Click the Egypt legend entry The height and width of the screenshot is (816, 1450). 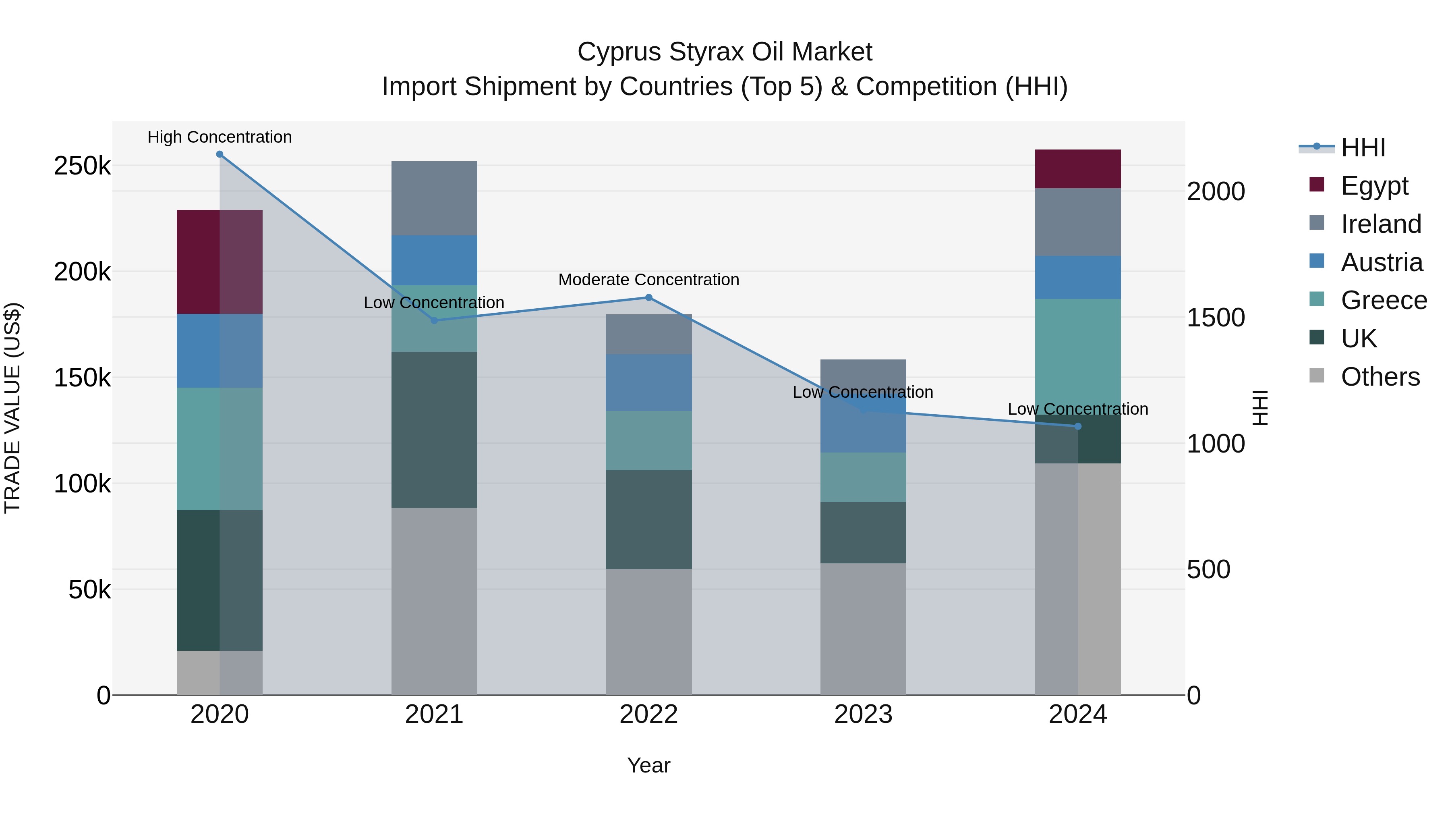coord(1373,186)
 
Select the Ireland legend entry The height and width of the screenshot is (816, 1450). coord(1380,224)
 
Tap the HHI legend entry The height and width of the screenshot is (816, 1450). coord(1362,147)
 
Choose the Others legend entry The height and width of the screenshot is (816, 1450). coord(1379,377)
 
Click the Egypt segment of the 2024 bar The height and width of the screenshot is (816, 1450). coord(1077,169)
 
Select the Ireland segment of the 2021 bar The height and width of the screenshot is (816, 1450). coord(434,198)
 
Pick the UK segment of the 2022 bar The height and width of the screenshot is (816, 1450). coord(648,519)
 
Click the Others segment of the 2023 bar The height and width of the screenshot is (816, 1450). coord(863,629)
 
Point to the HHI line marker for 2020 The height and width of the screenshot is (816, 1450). coord(220,154)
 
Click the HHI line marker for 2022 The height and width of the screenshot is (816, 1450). coord(648,297)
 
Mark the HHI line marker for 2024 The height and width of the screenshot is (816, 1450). coord(1077,426)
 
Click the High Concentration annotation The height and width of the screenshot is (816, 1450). coord(220,137)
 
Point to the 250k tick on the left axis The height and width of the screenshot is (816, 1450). coord(82,166)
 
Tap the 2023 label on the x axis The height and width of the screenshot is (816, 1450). coord(863,714)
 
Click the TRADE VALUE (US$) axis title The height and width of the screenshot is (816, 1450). coord(12,408)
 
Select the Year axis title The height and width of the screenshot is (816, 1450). coord(648,765)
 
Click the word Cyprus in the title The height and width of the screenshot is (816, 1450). coord(619,52)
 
